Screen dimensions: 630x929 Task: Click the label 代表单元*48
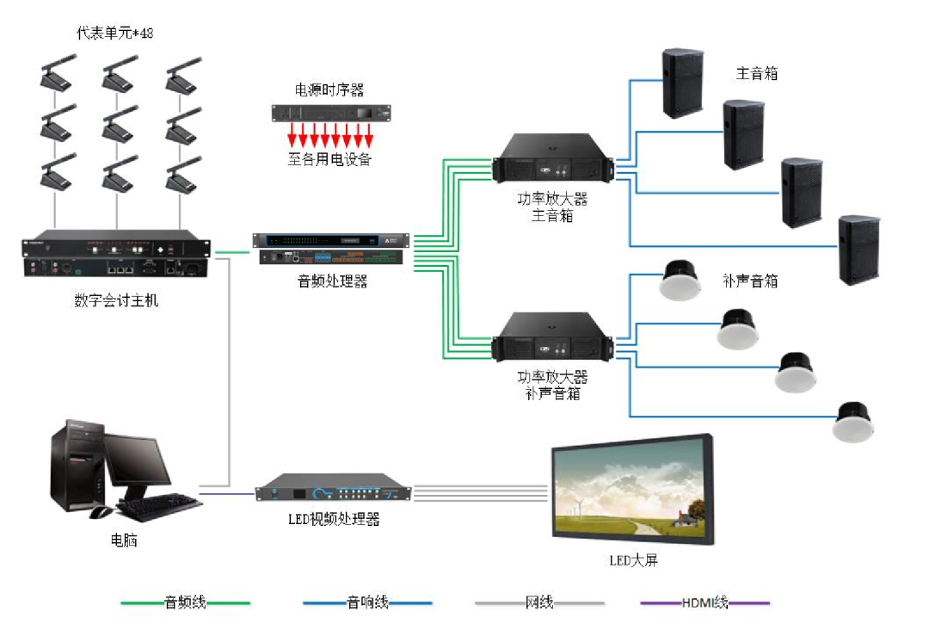click(x=115, y=33)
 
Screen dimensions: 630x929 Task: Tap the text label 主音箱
click(x=757, y=73)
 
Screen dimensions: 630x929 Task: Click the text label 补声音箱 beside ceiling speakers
click(x=750, y=281)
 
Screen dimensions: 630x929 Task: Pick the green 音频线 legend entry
click(x=185, y=602)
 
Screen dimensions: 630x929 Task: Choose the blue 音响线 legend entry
click(x=367, y=602)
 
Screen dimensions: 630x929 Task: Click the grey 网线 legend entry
click(x=539, y=602)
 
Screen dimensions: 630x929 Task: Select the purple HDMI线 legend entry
click(x=704, y=602)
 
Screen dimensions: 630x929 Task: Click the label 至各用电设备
click(x=329, y=158)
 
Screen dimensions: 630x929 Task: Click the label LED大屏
click(x=633, y=560)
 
